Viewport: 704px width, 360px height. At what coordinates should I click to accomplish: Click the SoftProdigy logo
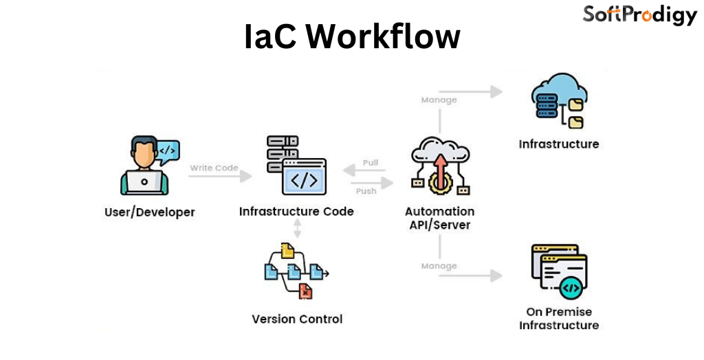pos(639,14)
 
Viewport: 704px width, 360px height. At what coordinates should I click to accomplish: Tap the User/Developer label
pos(149,212)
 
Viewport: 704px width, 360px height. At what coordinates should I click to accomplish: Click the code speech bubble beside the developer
pos(168,150)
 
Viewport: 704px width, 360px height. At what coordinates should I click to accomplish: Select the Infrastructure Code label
pos(296,212)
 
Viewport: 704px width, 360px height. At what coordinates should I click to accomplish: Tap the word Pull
pos(371,163)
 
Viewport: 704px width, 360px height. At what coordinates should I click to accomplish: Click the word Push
pos(366,190)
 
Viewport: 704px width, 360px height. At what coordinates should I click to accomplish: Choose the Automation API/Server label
pos(439,218)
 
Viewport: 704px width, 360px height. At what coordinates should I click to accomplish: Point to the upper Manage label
pos(439,100)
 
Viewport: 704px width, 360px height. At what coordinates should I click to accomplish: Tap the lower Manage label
pos(439,266)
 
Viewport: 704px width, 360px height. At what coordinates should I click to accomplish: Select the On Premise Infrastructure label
pos(559,318)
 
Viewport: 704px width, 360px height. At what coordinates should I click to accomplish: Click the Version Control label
pos(297,319)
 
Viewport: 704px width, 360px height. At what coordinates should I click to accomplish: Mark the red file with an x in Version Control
pos(305,292)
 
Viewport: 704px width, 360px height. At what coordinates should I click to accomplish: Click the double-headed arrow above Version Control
pos(297,229)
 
